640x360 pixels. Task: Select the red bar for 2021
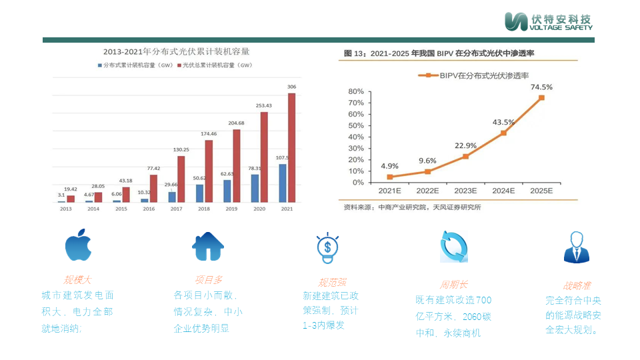pyautogui.click(x=291, y=147)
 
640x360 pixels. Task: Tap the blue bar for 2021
pyautogui.click(x=283, y=183)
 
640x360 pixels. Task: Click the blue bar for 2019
pyautogui.click(x=227, y=191)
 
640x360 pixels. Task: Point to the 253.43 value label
pyautogui.click(x=263, y=106)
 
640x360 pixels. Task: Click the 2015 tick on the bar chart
pyautogui.click(x=121, y=209)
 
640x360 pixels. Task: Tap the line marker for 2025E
pyautogui.click(x=541, y=97)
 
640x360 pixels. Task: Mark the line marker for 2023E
pyautogui.click(x=465, y=156)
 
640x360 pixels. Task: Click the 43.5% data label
pyautogui.click(x=503, y=122)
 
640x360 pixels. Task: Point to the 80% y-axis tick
pyautogui.click(x=355, y=91)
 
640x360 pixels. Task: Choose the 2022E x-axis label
pyautogui.click(x=427, y=191)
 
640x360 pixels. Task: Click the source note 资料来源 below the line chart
pyautogui.click(x=412, y=207)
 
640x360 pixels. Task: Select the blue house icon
pyautogui.click(x=208, y=246)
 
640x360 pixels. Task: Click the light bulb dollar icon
pyautogui.click(x=327, y=248)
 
